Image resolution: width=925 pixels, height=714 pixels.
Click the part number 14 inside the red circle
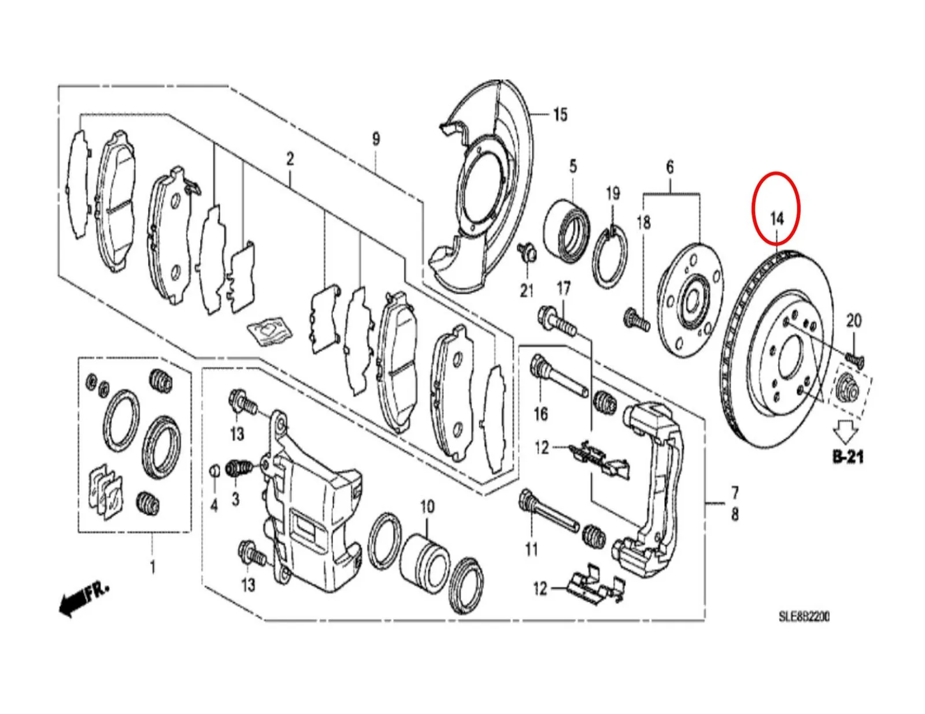coord(777,219)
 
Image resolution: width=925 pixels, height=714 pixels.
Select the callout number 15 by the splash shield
coord(560,114)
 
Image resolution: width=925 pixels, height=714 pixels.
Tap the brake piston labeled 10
coord(425,556)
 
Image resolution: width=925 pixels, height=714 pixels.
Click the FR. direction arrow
coord(83,599)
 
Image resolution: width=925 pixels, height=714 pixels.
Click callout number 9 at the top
coord(376,139)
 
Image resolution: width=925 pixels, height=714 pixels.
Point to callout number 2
coord(290,159)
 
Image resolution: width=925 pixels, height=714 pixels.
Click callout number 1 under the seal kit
coord(152,567)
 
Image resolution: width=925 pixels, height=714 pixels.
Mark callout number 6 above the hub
coord(670,167)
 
